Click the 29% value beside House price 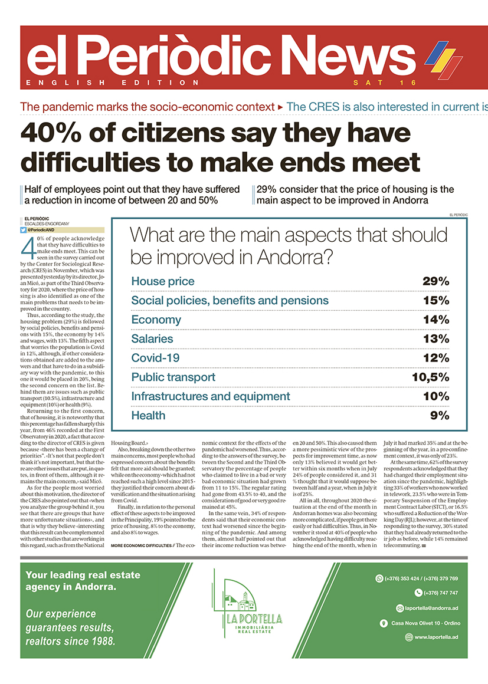[x=435, y=281]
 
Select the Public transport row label [x=173, y=377]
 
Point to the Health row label [x=148, y=416]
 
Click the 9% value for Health [x=440, y=416]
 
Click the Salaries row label [x=152, y=339]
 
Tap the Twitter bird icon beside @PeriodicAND [x=24, y=229]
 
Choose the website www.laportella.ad [x=437, y=637]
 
